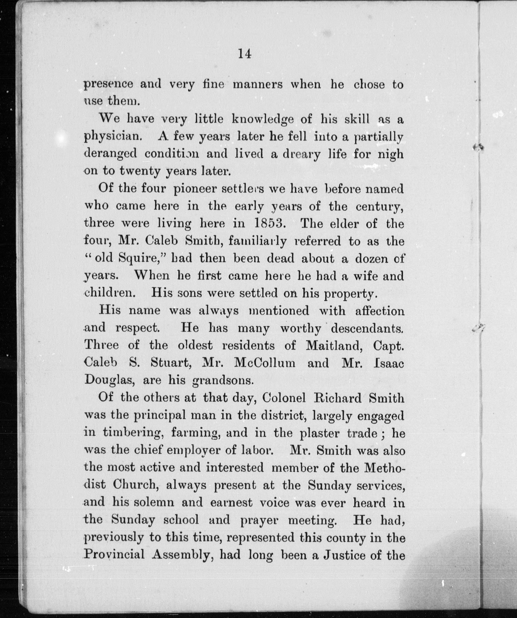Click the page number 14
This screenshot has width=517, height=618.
click(x=245, y=54)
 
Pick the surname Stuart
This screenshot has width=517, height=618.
click(x=171, y=363)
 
